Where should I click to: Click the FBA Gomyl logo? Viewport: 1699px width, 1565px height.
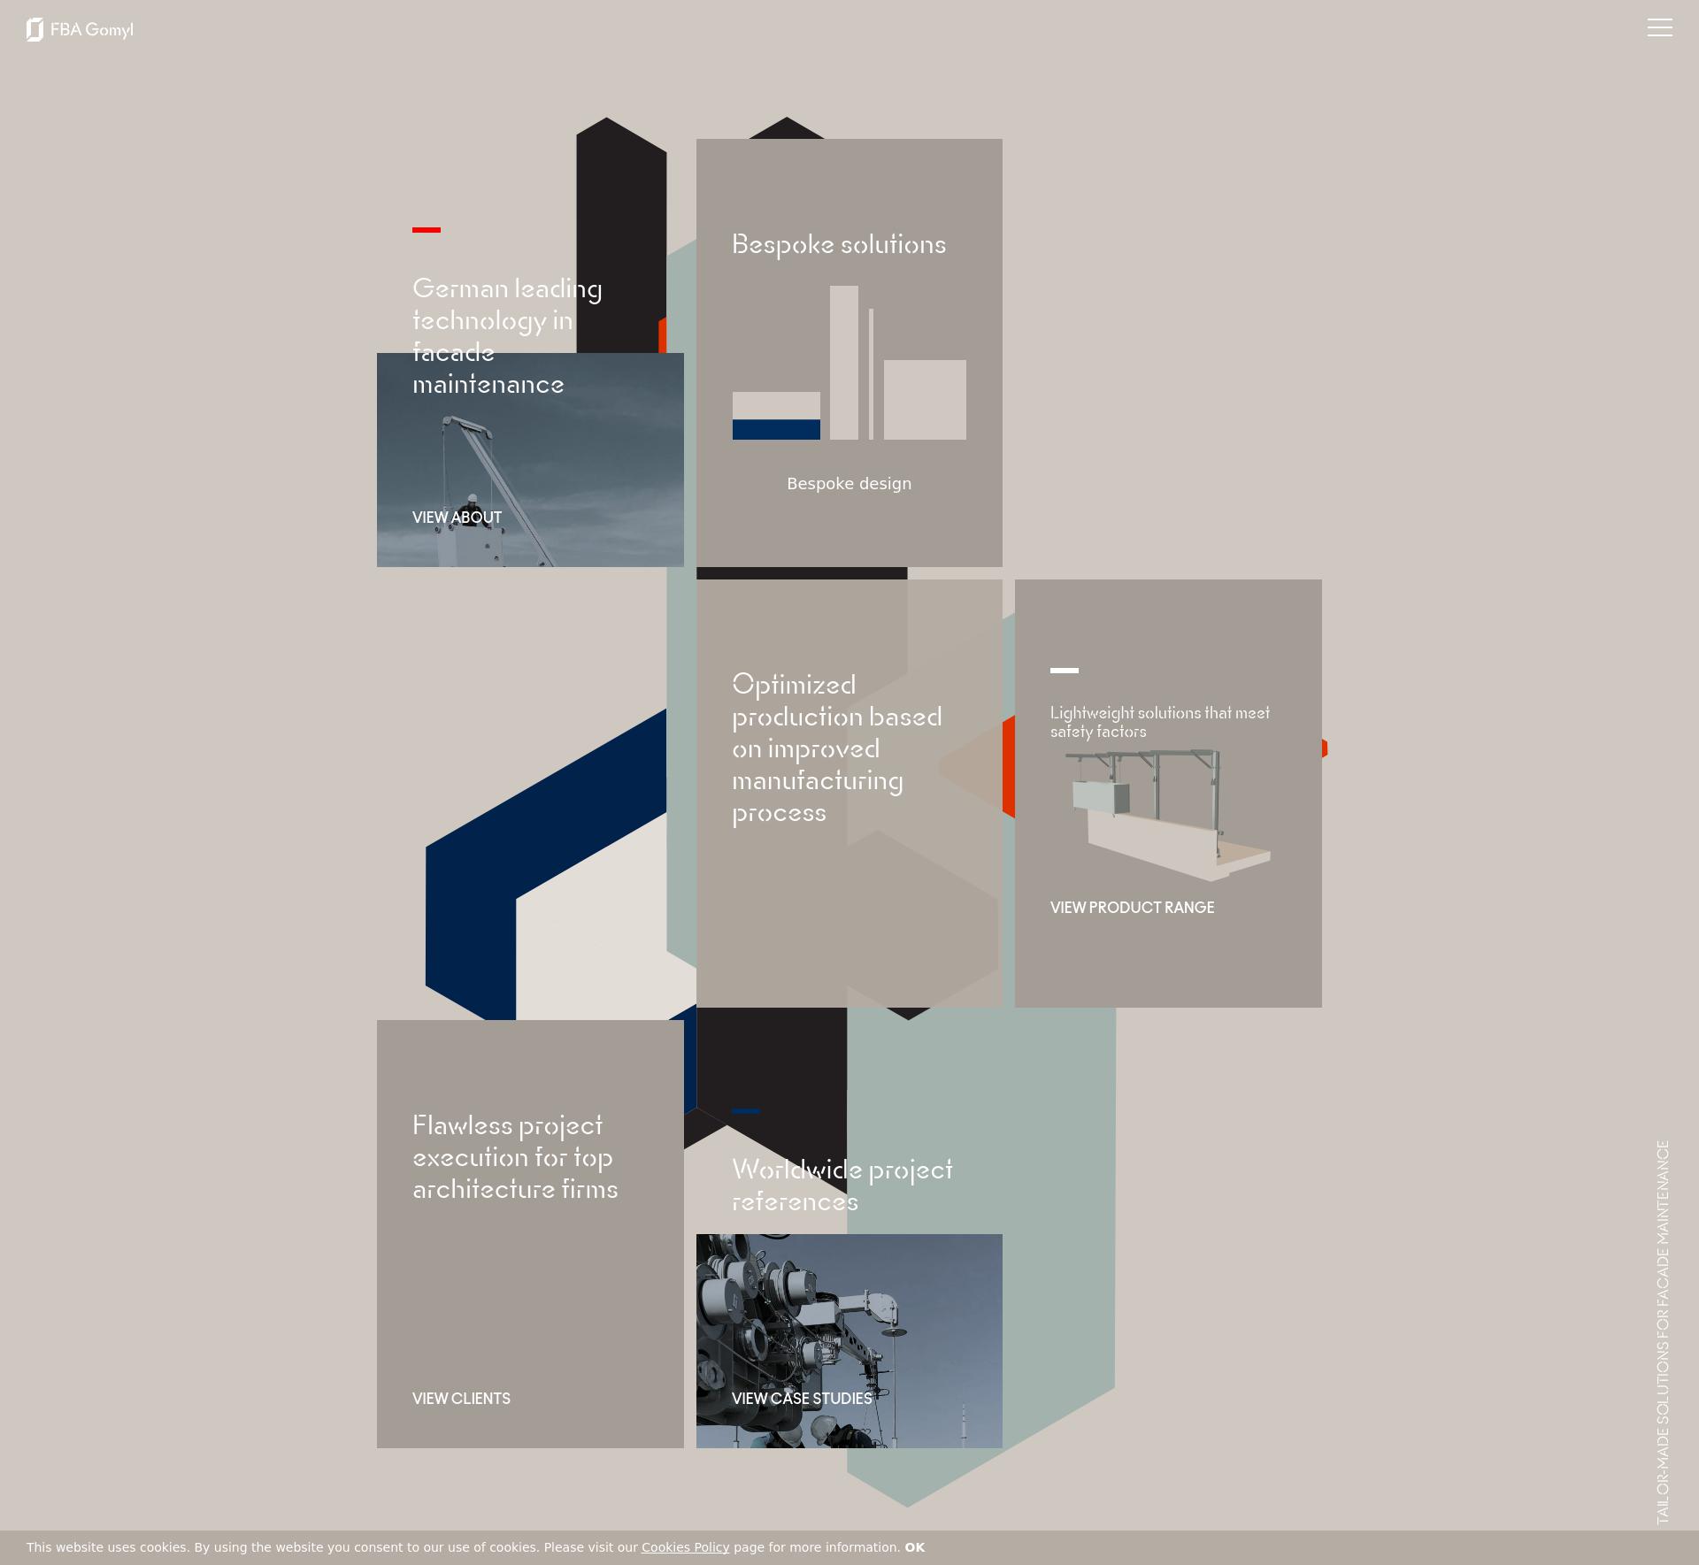[80, 29]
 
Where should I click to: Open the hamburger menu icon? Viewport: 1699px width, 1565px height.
[1659, 28]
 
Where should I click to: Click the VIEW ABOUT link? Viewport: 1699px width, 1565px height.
[457, 518]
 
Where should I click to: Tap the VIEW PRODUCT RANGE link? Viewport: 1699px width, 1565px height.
[1132, 908]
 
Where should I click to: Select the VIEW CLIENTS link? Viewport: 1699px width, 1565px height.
[461, 1399]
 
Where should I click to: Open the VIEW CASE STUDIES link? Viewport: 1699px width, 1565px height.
[802, 1399]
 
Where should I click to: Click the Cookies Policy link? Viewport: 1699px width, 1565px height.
[685, 1547]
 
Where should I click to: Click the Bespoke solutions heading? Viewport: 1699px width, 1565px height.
[839, 245]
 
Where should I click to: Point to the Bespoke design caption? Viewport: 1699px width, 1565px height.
[849, 484]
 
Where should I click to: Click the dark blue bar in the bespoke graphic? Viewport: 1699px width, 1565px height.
[776, 429]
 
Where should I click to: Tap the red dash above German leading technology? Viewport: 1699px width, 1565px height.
[427, 230]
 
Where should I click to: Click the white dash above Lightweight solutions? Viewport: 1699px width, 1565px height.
[1065, 671]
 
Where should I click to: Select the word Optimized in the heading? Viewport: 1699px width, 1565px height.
[794, 686]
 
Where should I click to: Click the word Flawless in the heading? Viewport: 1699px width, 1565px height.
[463, 1125]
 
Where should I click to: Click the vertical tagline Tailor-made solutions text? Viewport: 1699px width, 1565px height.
[1663, 1332]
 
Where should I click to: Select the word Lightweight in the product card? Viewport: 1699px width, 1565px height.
[1092, 713]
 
